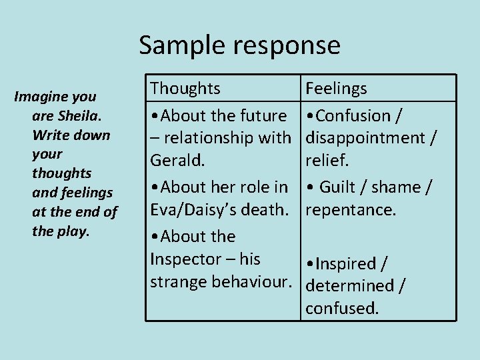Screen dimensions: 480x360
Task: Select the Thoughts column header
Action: pos(185,88)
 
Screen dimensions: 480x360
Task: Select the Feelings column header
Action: pos(336,88)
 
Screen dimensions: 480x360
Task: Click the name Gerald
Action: pos(176,160)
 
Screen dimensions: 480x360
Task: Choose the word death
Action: pos(269,209)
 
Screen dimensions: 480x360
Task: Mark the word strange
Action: pos(178,281)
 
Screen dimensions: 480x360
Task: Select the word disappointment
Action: pos(366,138)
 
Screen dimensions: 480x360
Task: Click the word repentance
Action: pos(350,210)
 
